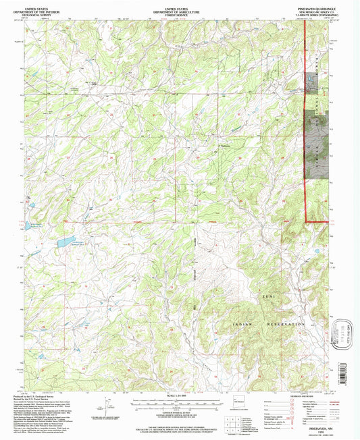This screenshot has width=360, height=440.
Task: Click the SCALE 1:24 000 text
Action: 179,395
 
